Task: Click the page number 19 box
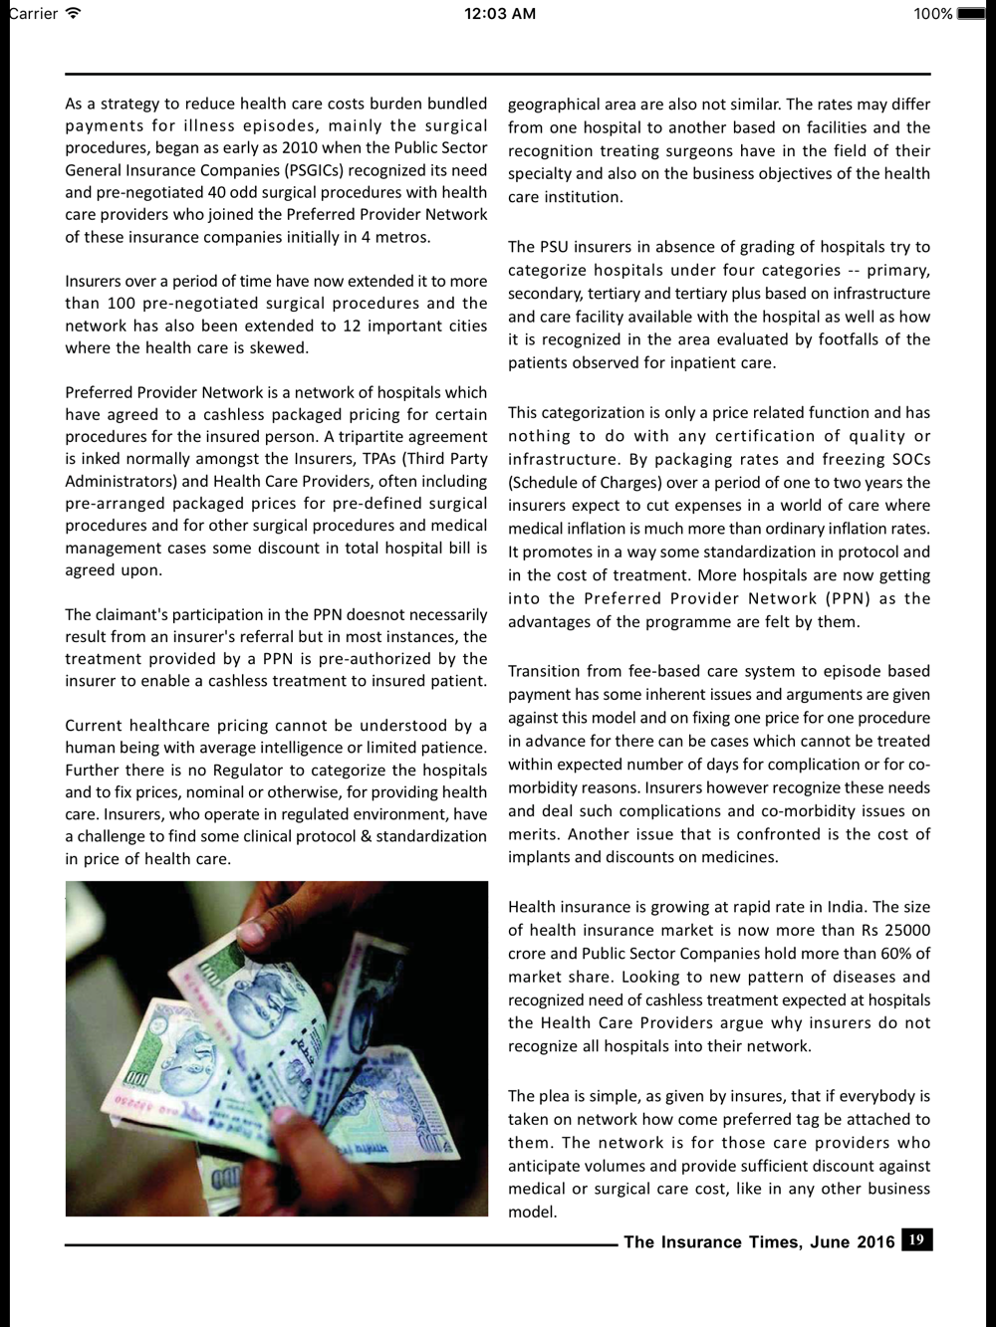coord(916,1239)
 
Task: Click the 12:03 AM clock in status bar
coord(500,13)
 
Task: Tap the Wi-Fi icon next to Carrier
coord(72,13)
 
